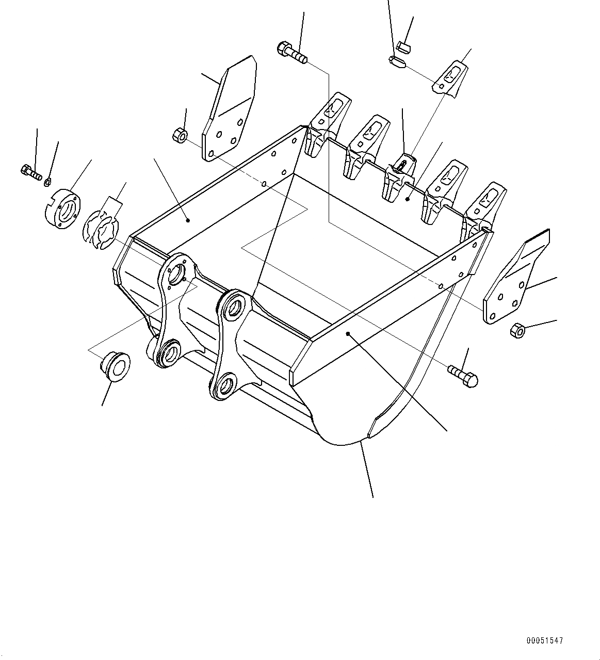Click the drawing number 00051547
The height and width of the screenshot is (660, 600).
pyautogui.click(x=545, y=640)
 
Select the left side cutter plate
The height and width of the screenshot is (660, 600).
pyautogui.click(x=229, y=111)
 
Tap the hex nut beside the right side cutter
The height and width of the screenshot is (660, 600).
pyautogui.click(x=517, y=330)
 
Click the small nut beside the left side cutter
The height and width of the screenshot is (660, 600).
pyautogui.click(x=180, y=136)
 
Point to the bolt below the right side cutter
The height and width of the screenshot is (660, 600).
pyautogui.click(x=464, y=375)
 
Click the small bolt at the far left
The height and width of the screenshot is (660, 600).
pyautogui.click(x=31, y=172)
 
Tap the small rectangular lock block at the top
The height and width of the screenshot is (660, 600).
pyautogui.click(x=403, y=49)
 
